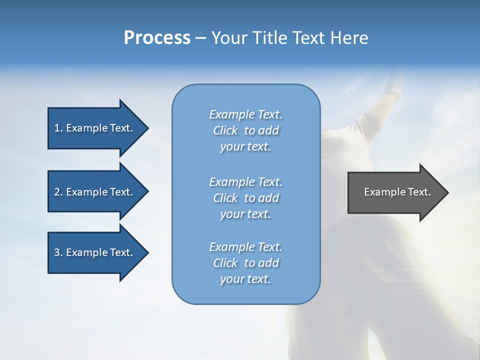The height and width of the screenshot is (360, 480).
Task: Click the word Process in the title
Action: [157, 38]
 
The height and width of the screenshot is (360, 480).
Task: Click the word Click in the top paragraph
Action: [225, 130]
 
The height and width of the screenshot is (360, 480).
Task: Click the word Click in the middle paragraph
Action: [225, 198]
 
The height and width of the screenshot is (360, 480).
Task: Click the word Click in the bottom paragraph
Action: [225, 263]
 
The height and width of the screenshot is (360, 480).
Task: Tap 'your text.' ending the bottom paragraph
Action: [245, 279]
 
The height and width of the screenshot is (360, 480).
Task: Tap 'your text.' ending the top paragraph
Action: [245, 146]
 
